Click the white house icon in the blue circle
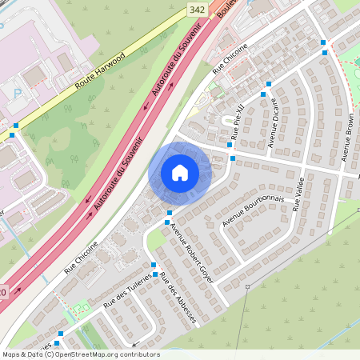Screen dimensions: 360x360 click(x=179, y=172)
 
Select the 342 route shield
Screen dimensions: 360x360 click(x=197, y=8)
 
